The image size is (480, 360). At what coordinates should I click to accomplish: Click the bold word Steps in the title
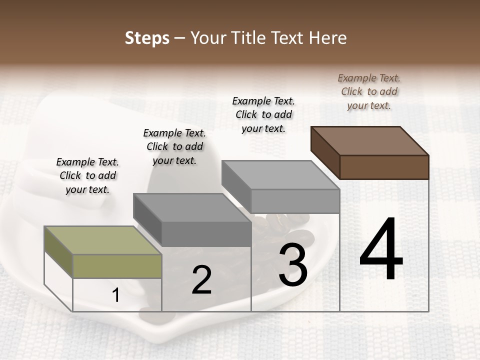click(x=147, y=38)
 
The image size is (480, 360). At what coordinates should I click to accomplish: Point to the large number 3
click(x=293, y=265)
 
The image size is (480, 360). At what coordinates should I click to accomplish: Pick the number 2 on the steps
click(x=201, y=280)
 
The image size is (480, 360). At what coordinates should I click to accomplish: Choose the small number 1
click(x=116, y=295)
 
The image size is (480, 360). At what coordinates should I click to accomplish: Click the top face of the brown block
click(x=370, y=140)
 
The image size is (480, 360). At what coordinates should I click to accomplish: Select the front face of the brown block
click(x=384, y=167)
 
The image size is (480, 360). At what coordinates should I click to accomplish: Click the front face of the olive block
click(x=117, y=266)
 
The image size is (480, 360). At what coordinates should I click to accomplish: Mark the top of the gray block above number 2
click(x=192, y=207)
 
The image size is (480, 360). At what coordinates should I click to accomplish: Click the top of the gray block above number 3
click(x=280, y=175)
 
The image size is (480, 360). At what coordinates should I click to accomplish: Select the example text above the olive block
click(x=87, y=175)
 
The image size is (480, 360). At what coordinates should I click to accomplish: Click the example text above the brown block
click(x=369, y=91)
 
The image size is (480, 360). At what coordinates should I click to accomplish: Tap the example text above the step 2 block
click(x=174, y=146)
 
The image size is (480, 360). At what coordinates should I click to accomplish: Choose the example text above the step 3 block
click(x=263, y=114)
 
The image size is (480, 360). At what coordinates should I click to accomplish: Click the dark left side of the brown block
click(x=325, y=152)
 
